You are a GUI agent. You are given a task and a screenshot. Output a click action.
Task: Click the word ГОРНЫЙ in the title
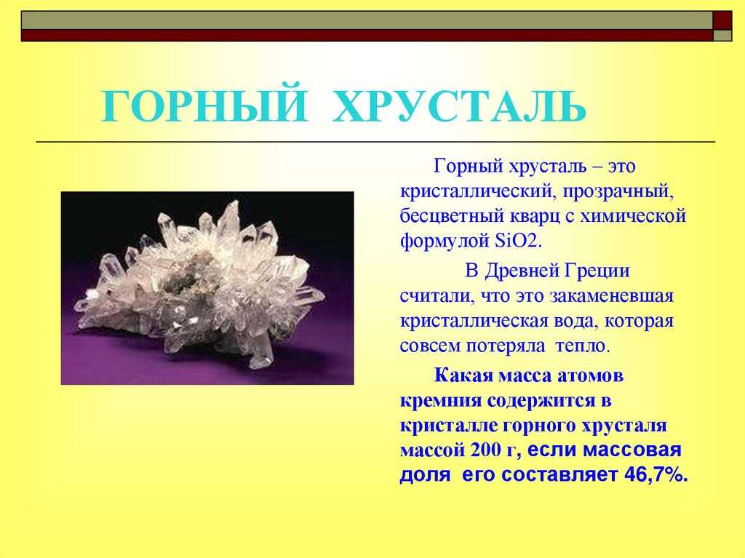(x=204, y=106)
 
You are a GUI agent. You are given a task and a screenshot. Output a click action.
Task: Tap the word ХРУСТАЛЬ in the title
(x=460, y=106)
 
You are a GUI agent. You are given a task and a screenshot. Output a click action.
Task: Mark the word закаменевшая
(x=611, y=295)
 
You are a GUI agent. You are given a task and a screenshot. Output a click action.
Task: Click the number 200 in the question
(x=486, y=449)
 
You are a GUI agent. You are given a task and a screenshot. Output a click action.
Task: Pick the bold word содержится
(x=543, y=401)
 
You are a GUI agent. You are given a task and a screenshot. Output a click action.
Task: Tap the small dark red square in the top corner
(x=722, y=20)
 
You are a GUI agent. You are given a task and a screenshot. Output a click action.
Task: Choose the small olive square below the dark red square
(x=722, y=36)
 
